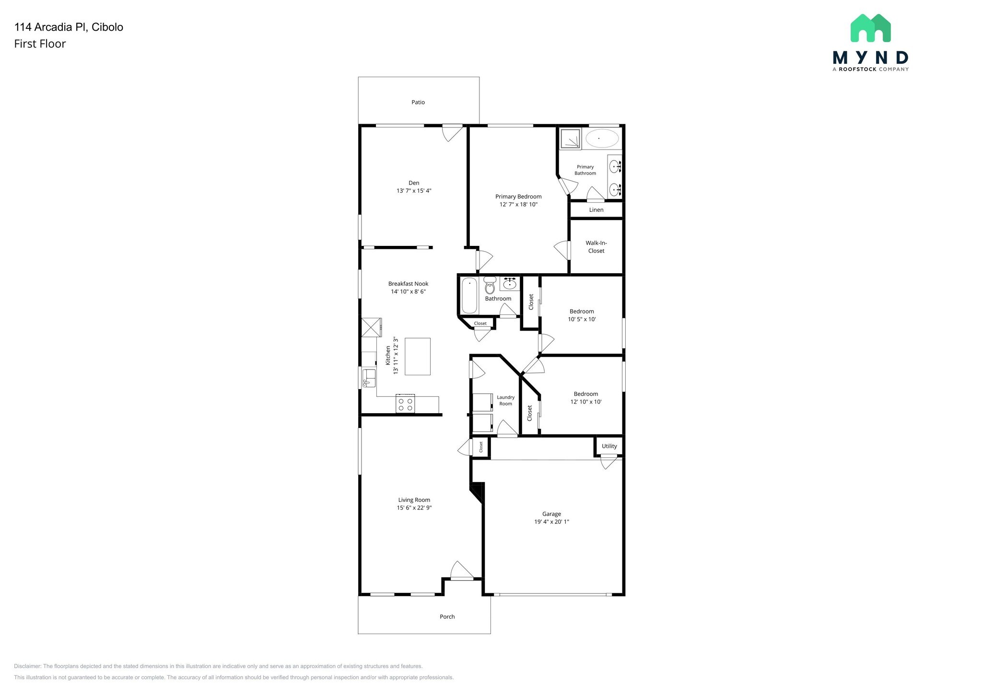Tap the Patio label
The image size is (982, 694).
coord(418,102)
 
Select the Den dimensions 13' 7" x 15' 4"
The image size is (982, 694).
coord(414,191)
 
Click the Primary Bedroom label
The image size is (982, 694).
coord(518,197)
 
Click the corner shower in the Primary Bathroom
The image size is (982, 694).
coord(570,138)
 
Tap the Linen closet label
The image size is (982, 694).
coord(596,210)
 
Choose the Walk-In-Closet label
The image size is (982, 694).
coord(596,247)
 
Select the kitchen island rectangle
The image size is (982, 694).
coord(417,356)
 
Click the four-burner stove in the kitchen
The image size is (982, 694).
coord(405,404)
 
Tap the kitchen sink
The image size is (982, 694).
coord(369,378)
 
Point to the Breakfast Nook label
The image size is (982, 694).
coord(408,284)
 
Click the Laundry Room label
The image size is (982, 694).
coord(505,400)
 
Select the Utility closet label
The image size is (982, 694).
coord(609,446)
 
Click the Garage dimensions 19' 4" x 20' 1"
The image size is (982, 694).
coord(551,521)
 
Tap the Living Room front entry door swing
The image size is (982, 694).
coord(461,570)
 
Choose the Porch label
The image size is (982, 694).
coord(447,616)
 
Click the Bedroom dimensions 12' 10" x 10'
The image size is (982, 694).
coord(585,402)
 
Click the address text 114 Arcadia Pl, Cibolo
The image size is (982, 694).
coord(69,27)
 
